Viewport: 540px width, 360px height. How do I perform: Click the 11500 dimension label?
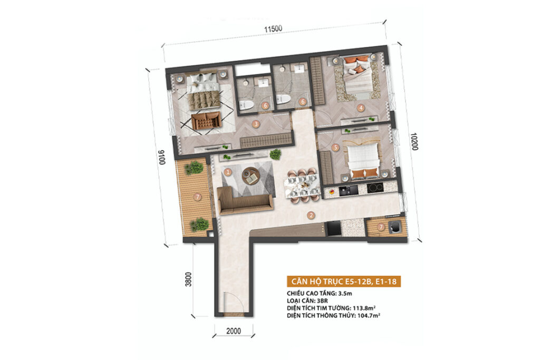click(x=273, y=29)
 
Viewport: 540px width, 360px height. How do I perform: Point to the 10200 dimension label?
click(x=414, y=141)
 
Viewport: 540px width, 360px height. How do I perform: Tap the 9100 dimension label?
click(x=161, y=157)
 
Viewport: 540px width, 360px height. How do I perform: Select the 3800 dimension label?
click(x=188, y=279)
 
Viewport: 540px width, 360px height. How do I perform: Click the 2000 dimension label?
click(x=234, y=331)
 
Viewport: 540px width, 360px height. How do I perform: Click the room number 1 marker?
click(x=228, y=172)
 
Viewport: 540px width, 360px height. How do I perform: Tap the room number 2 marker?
click(x=311, y=216)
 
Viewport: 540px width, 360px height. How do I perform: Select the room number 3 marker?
click(x=256, y=124)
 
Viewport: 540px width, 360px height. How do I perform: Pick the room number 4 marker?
click(x=361, y=108)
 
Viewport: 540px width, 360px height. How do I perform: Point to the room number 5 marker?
click(x=335, y=148)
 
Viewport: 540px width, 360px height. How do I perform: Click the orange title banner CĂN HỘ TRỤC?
click(x=344, y=281)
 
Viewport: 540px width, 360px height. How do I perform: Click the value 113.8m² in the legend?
click(x=364, y=308)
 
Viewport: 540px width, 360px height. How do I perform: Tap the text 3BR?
click(x=322, y=301)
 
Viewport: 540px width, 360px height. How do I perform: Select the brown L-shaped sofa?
click(x=244, y=201)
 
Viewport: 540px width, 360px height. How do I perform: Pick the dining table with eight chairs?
click(x=302, y=186)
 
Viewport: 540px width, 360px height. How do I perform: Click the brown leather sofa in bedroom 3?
click(x=206, y=121)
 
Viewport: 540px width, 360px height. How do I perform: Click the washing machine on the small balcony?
click(x=394, y=227)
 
